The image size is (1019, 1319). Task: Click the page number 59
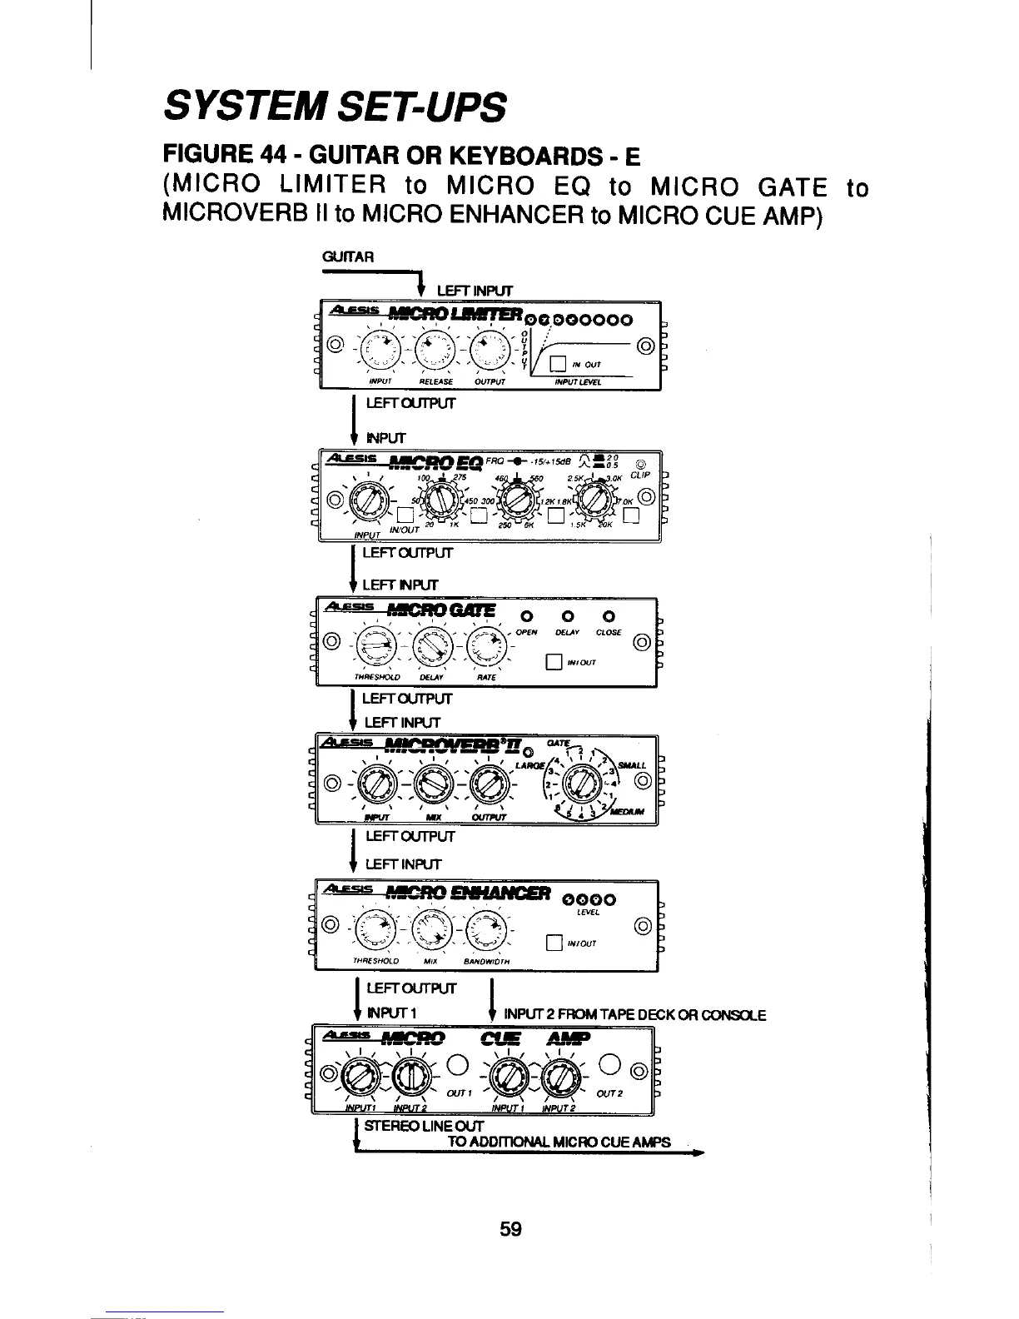click(x=510, y=1228)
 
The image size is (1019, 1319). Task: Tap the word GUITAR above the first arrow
click(x=347, y=256)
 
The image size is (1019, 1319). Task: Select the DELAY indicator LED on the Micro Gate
click(x=565, y=616)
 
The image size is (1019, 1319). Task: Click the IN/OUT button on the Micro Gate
click(x=551, y=663)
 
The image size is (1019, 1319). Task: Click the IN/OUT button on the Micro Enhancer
click(x=551, y=943)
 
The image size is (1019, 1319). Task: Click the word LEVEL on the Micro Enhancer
click(x=589, y=913)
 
